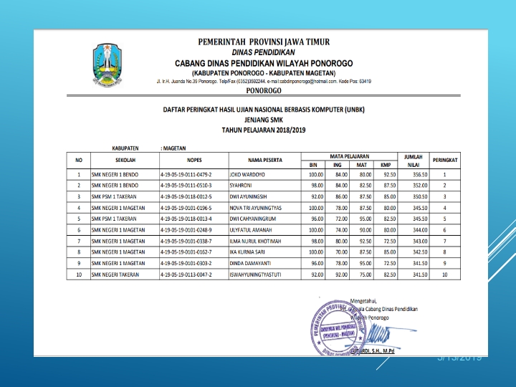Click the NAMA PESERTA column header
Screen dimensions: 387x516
tap(264, 159)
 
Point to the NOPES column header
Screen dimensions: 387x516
tap(194, 159)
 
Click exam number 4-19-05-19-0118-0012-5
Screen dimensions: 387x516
tap(189, 196)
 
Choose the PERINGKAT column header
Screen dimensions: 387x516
tap(445, 159)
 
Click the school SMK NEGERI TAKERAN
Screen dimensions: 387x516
tap(116, 274)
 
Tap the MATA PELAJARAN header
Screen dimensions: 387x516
tap(350, 155)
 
